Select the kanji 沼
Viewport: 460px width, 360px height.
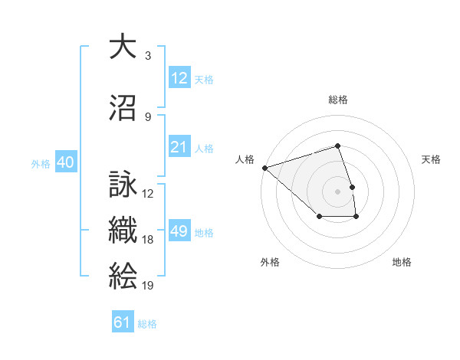(123, 108)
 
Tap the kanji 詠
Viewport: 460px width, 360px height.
(123, 185)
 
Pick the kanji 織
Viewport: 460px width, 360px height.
(123, 231)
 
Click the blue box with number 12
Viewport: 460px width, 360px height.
(179, 78)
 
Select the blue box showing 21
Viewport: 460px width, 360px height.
(179, 147)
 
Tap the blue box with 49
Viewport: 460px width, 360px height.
(179, 231)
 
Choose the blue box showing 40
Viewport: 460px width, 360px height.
(65, 162)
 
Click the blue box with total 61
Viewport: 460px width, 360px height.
(123, 322)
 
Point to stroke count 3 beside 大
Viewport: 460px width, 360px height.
(147, 56)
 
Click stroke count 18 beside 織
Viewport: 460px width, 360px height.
(148, 240)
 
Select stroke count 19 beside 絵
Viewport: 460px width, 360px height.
(148, 286)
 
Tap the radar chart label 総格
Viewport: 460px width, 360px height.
(338, 100)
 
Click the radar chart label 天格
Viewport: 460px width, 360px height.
(432, 159)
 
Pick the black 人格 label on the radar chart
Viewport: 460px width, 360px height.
(245, 159)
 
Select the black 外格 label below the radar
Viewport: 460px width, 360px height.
(270, 262)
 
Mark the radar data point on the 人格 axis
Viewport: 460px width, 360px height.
(264, 167)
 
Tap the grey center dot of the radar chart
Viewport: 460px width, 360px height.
(338, 191)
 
